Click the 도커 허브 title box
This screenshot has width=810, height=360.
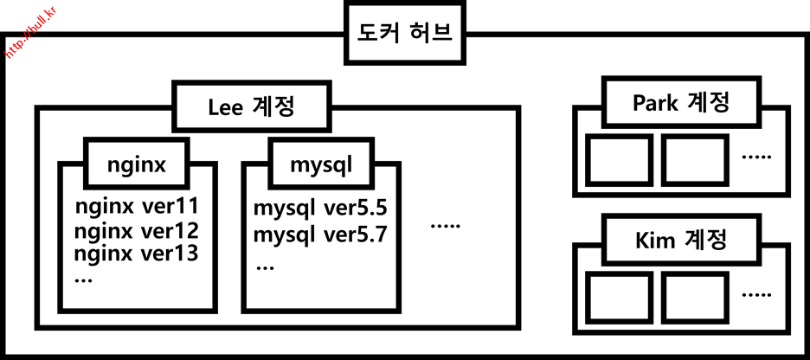tap(404, 33)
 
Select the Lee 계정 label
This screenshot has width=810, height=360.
tap(252, 107)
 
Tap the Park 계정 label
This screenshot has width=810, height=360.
tap(680, 104)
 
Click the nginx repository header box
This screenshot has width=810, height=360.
tap(137, 163)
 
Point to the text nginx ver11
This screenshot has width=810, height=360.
tap(137, 208)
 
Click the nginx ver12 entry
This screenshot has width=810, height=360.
tap(137, 231)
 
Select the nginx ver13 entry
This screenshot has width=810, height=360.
tap(137, 254)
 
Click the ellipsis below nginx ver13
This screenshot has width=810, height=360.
tap(85, 279)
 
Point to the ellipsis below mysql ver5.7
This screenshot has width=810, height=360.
tap(265, 267)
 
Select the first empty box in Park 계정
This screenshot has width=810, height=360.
tap(619, 159)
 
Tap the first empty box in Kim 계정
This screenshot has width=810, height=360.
tap(619, 296)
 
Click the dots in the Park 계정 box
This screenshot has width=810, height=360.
tap(756, 157)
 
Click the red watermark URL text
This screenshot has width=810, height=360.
tap(29, 36)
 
